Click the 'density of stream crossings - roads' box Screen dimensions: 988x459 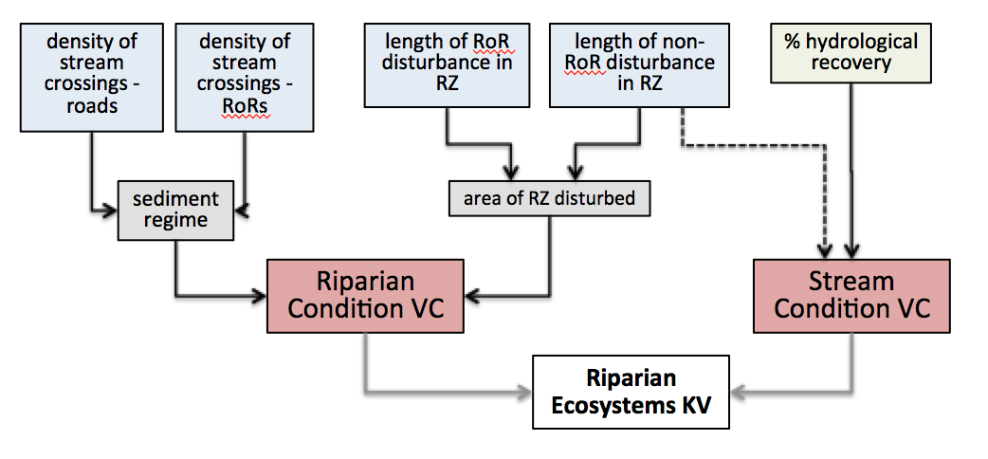(x=93, y=77)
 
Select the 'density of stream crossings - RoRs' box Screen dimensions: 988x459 (x=245, y=77)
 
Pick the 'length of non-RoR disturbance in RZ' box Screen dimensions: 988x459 (x=640, y=64)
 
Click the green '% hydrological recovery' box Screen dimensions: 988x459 (x=851, y=53)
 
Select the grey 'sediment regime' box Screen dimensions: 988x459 (x=175, y=210)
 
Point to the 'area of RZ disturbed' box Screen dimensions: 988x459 (x=549, y=199)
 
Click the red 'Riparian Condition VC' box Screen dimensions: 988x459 (x=363, y=295)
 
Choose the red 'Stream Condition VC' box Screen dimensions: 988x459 (x=851, y=295)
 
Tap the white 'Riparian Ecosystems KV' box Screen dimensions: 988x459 (x=631, y=392)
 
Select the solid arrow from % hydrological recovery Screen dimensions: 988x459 (x=851, y=171)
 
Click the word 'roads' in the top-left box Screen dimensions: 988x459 (x=92, y=105)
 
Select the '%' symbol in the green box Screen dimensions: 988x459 (x=792, y=43)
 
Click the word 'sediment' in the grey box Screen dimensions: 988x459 (x=175, y=199)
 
